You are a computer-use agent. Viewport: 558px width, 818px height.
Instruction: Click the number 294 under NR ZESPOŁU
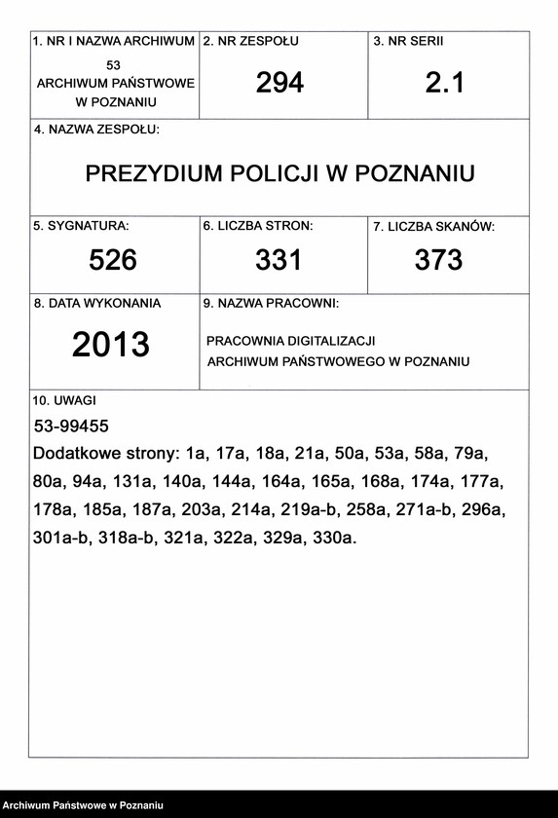pos(279,84)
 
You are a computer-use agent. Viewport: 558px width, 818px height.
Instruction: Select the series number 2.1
pos(445,84)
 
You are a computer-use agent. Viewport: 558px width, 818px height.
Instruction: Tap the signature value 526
pos(113,260)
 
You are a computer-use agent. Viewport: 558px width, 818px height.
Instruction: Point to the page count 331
pos(279,260)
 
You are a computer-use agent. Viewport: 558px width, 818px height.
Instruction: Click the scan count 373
pos(438,260)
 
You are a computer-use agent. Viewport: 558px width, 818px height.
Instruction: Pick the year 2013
pos(111,345)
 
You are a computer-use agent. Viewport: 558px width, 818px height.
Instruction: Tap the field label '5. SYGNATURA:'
pos(82,226)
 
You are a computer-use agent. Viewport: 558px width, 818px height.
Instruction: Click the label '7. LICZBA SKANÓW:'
pos(433,227)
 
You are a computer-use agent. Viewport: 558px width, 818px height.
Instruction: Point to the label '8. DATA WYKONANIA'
pos(97,303)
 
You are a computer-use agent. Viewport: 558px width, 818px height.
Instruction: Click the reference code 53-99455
pos(71,427)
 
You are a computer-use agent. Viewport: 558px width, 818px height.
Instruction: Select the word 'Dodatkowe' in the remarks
pos(75,454)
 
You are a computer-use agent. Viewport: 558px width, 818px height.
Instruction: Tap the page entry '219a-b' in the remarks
pos(311,508)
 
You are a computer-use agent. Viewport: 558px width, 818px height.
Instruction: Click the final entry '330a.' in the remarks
pos(334,536)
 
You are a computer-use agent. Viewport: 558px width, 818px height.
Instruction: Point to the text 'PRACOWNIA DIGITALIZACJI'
pos(290,342)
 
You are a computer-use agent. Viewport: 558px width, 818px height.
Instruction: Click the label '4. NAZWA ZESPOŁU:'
pos(96,130)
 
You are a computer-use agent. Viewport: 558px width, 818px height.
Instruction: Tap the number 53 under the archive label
pos(114,65)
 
